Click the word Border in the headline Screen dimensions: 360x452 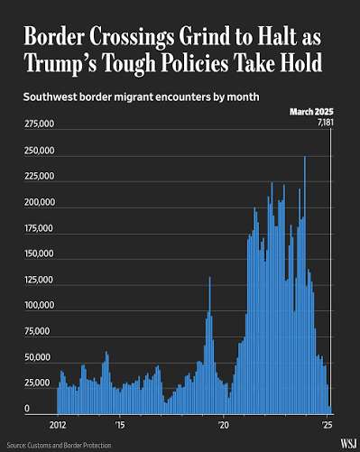(x=54, y=36)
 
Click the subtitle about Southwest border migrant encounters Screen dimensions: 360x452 (x=141, y=97)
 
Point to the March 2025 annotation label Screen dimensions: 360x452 (x=311, y=112)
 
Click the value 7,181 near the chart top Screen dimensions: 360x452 (x=326, y=123)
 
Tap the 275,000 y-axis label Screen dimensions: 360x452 (x=40, y=124)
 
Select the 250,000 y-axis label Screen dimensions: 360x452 (x=40, y=151)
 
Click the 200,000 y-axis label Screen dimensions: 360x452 (x=40, y=202)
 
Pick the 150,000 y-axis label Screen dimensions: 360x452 (x=39, y=254)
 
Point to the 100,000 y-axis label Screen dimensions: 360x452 (x=40, y=305)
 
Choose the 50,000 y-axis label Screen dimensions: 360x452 (x=37, y=357)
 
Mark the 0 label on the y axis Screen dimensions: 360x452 (x=27, y=409)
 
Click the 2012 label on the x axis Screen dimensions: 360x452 (x=58, y=425)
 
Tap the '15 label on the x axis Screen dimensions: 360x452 (x=120, y=425)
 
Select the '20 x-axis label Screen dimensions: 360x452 (x=224, y=425)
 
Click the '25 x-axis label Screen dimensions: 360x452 (x=327, y=425)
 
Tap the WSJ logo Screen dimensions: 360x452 (x=348, y=444)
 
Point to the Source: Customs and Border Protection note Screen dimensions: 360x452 (x=59, y=446)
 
